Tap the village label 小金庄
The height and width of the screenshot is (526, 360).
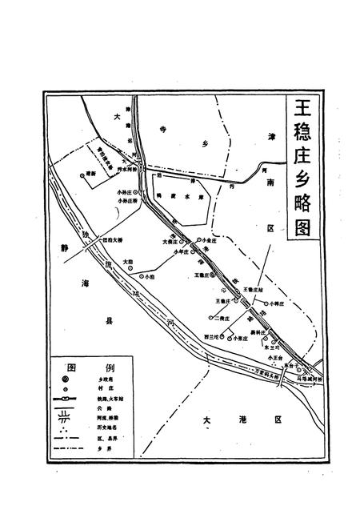(x=212, y=239)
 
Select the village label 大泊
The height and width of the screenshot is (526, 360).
(x=129, y=261)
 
